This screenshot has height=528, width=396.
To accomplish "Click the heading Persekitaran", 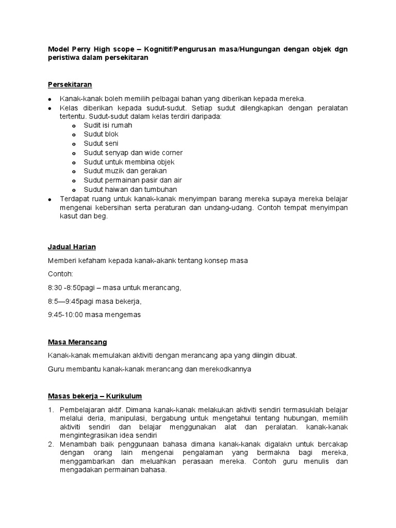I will (70, 84).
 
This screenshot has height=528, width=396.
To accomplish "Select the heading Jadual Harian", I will (72, 246).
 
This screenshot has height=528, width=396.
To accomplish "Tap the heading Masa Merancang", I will (77, 342).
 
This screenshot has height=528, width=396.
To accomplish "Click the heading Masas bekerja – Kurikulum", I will (95, 396).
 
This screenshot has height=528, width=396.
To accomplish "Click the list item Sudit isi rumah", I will (108, 125).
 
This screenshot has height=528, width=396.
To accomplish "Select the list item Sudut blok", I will (101, 135).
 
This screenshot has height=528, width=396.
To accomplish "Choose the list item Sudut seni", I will (101, 143).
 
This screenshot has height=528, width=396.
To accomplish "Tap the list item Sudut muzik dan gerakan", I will (125, 171).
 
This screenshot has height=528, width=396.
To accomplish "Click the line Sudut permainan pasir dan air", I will (133, 180).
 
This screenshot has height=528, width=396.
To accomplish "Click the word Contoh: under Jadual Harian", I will (60, 274).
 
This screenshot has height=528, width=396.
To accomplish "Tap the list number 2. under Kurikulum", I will (51, 443).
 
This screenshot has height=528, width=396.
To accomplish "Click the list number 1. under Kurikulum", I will (51, 409).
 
